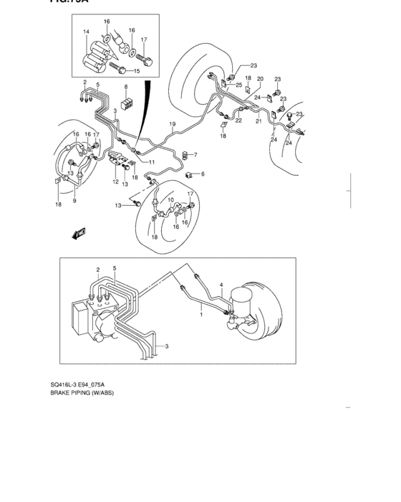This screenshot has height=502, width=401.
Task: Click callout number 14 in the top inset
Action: tap(85, 32)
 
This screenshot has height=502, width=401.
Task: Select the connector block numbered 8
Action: tap(126, 104)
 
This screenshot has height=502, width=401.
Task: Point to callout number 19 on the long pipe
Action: tap(172, 126)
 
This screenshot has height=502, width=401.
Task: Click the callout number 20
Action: tap(260, 79)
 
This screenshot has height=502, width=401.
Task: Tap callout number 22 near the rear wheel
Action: tap(238, 120)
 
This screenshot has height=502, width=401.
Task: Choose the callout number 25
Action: tap(238, 85)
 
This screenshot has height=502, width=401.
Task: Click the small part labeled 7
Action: tap(187, 154)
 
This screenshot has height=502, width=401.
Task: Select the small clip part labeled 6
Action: tap(188, 174)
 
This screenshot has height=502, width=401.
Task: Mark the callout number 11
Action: tap(151, 163)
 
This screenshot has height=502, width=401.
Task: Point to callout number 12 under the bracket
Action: tap(115, 182)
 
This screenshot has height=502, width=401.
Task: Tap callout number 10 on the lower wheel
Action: tap(170, 199)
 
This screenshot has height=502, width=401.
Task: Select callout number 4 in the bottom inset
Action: tap(221, 285)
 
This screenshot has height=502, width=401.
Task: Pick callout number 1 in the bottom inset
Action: tap(201, 314)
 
